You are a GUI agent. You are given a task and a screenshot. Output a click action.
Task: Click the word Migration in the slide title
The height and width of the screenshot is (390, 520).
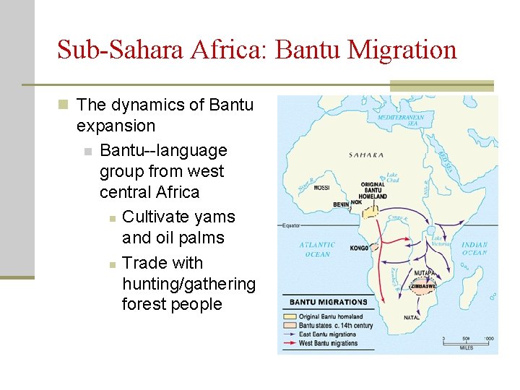pyautogui.click(x=402, y=50)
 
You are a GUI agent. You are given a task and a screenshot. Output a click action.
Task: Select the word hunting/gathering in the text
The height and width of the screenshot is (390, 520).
pyautogui.click(x=188, y=284)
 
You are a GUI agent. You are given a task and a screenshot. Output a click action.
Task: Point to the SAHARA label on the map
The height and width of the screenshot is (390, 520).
pyautogui.click(x=366, y=155)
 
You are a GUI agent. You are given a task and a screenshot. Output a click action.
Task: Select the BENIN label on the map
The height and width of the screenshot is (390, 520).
pyautogui.click(x=341, y=204)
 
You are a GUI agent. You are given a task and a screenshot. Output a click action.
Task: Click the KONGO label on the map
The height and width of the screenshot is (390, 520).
pyautogui.click(x=359, y=248)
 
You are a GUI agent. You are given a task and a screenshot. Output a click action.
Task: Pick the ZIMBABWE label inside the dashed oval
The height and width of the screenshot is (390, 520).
pyautogui.click(x=422, y=286)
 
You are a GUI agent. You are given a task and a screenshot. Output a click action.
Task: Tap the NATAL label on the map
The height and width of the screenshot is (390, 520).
pyautogui.click(x=412, y=317)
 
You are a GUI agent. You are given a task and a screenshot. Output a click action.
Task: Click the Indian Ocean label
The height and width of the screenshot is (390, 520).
pyautogui.click(x=474, y=248)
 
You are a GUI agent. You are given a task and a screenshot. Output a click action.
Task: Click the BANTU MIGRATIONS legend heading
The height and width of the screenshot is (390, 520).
pyautogui.click(x=328, y=302)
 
